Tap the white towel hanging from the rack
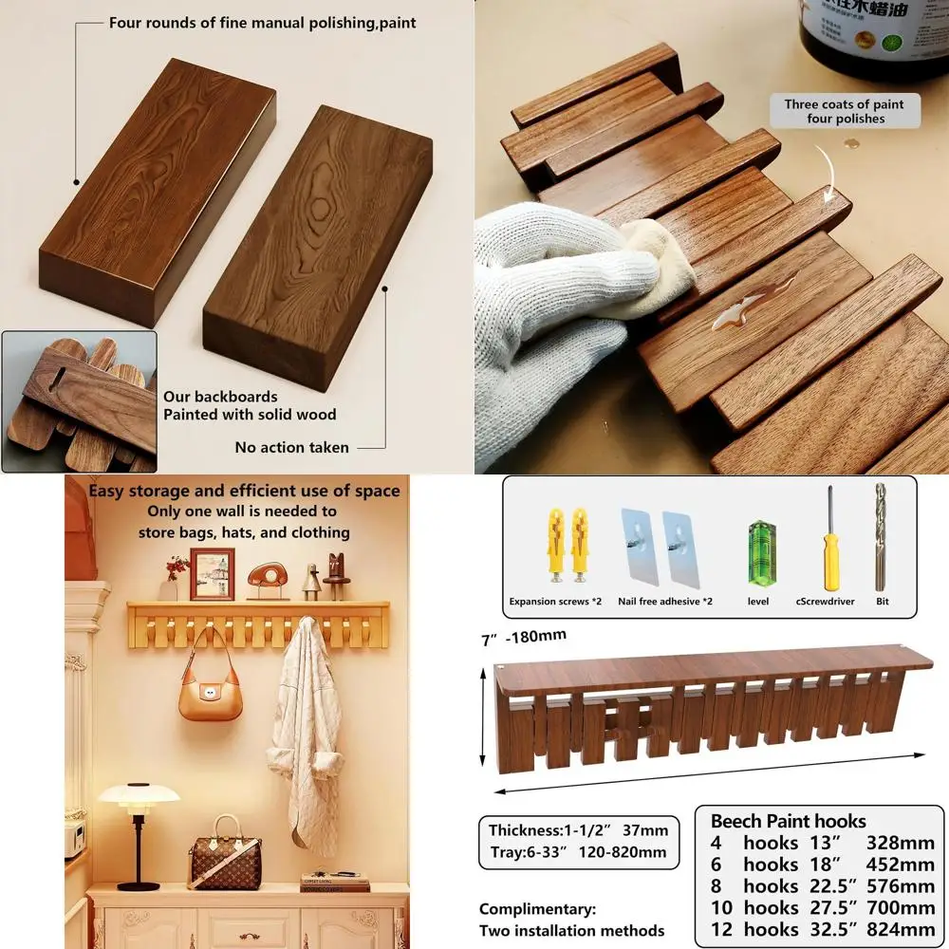[x=305, y=731]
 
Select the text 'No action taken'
[x=291, y=447]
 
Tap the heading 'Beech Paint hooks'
[x=788, y=821]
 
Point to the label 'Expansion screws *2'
[x=556, y=602]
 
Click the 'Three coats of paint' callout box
[x=844, y=111]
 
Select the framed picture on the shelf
[x=212, y=573]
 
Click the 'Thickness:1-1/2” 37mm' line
[x=578, y=830]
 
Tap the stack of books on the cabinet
[x=334, y=882]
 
